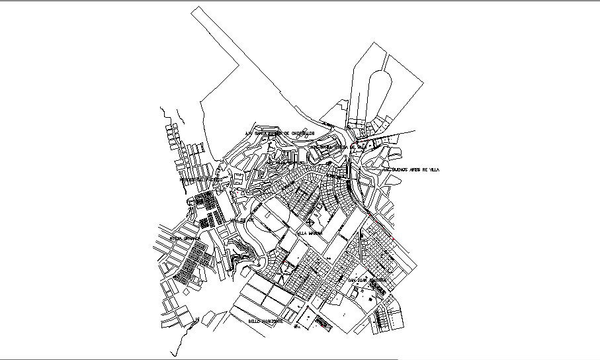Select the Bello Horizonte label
point(266,321)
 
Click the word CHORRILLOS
point(299,132)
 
